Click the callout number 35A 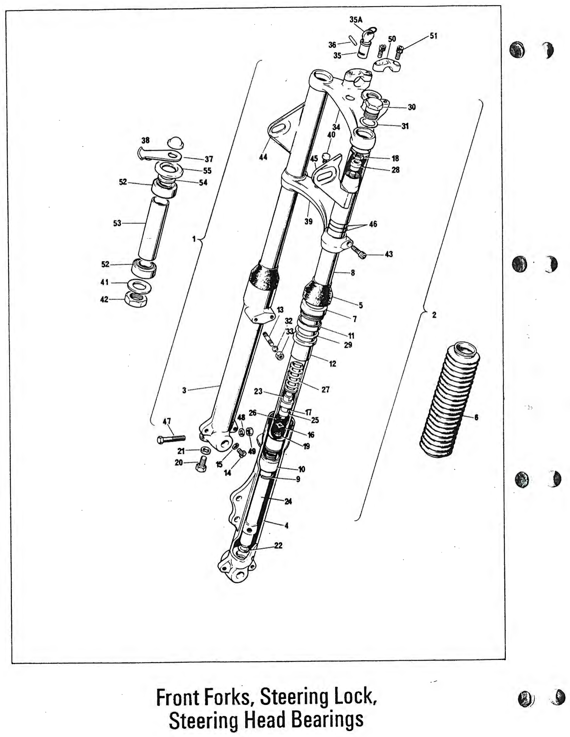pyautogui.click(x=356, y=20)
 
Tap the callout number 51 pyautogui.click(x=433, y=36)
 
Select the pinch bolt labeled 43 pyautogui.click(x=359, y=252)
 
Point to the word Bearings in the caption pyautogui.click(x=327, y=721)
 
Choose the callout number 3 pyautogui.click(x=185, y=390)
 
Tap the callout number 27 pyautogui.click(x=325, y=389)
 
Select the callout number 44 pyautogui.click(x=263, y=157)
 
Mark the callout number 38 pyautogui.click(x=145, y=140)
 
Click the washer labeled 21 pyautogui.click(x=206, y=450)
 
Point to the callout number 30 pyautogui.click(x=412, y=107)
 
